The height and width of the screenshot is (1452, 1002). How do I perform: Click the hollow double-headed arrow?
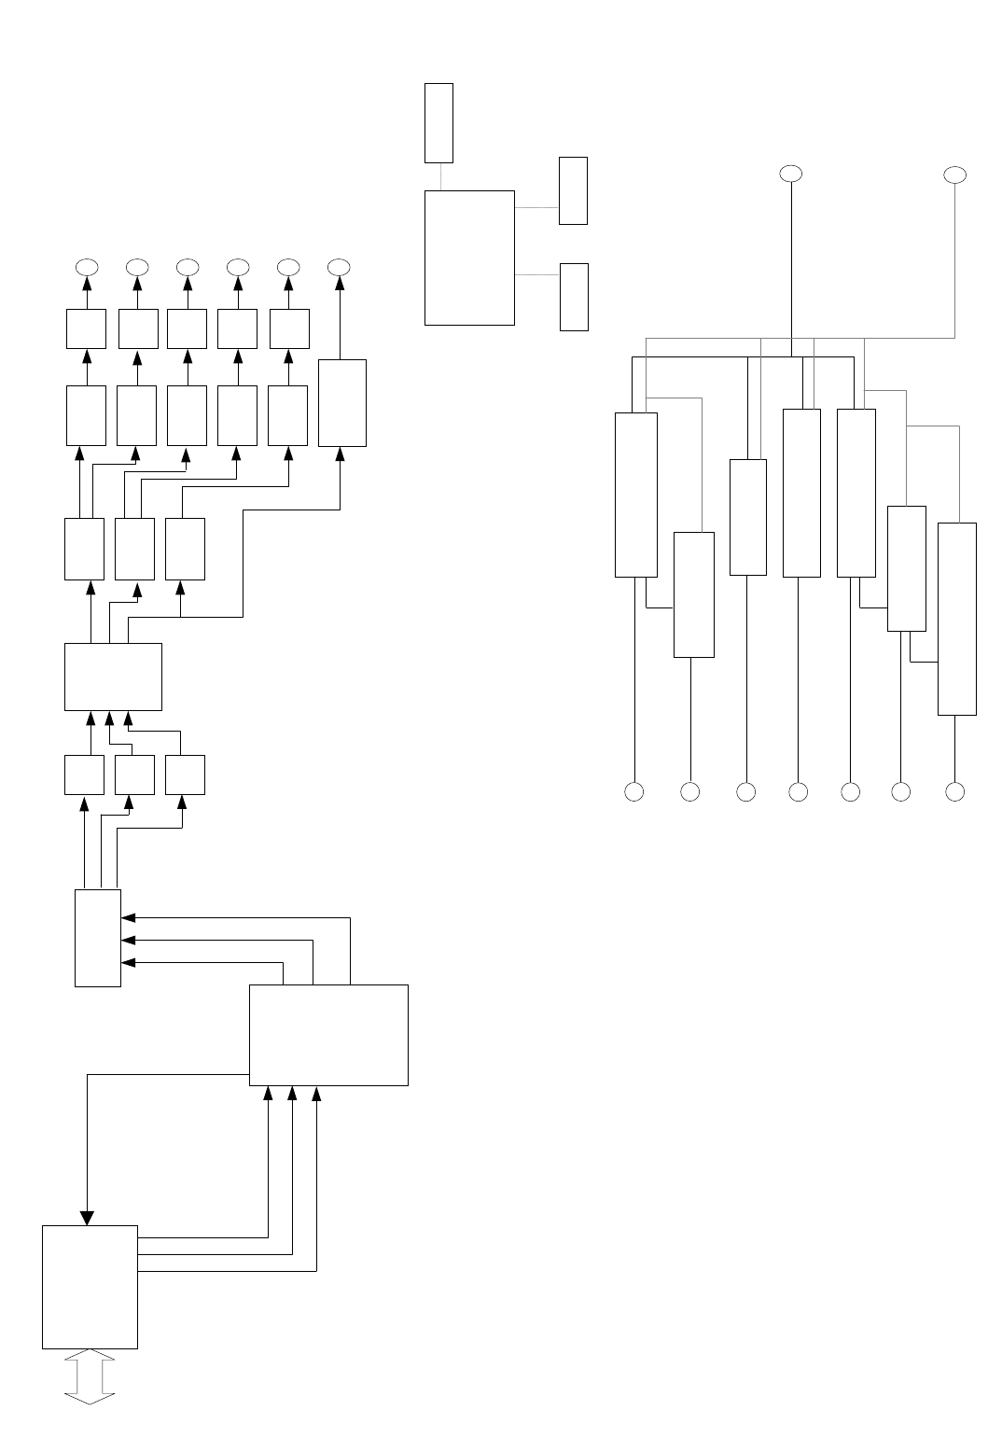pos(89,1376)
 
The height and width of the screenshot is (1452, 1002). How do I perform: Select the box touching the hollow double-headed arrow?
pos(90,1286)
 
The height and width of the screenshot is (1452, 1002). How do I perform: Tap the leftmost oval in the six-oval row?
pos(86,266)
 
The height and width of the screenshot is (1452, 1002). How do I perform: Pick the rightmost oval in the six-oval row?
pos(340,266)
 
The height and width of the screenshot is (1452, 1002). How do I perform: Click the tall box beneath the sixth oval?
pos(341,402)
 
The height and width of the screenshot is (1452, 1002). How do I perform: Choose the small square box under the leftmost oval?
pos(86,328)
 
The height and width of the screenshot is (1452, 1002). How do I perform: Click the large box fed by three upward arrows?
pos(328,1035)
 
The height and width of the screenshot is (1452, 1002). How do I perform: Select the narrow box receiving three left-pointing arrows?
pos(98,938)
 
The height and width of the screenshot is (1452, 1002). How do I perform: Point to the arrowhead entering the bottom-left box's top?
pos(87,1217)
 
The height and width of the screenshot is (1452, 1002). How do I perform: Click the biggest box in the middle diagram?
pos(469,258)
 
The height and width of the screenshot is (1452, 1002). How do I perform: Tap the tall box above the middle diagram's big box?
pos(438,122)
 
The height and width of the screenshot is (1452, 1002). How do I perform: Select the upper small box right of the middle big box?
pos(573,190)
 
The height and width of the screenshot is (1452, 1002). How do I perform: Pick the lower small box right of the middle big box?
pos(574,297)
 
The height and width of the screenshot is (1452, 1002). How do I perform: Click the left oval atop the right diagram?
pos(791,174)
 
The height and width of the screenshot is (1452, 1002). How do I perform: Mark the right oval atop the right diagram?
pos(954,175)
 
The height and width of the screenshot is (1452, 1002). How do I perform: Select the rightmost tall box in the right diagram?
pos(956,619)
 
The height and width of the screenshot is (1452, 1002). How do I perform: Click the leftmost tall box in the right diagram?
pos(636,495)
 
